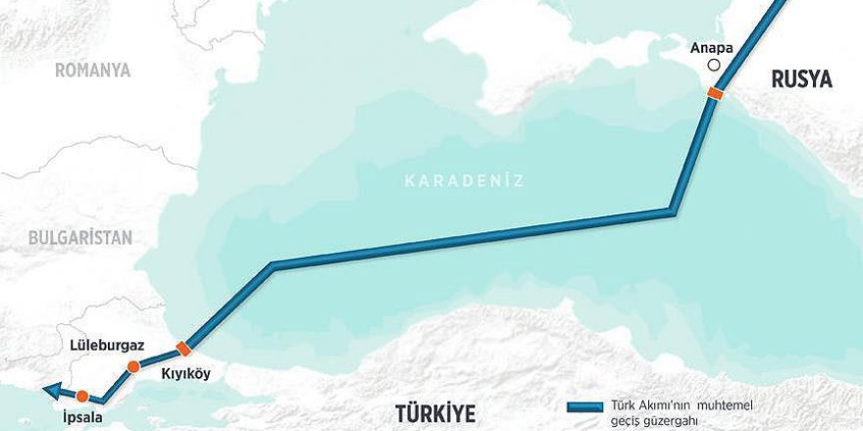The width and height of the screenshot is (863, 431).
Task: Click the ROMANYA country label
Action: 92,70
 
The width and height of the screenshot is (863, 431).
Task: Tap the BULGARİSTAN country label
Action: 79,237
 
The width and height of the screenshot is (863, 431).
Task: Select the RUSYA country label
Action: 801,80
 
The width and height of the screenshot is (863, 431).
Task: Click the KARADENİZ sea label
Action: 465,180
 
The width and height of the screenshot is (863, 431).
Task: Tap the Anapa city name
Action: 712,46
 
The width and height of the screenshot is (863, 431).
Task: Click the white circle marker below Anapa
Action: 713,66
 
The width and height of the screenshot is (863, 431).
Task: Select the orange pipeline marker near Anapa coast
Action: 715,93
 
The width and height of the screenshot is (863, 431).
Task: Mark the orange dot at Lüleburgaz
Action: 132,367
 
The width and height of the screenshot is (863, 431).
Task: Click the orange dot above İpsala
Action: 82,396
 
